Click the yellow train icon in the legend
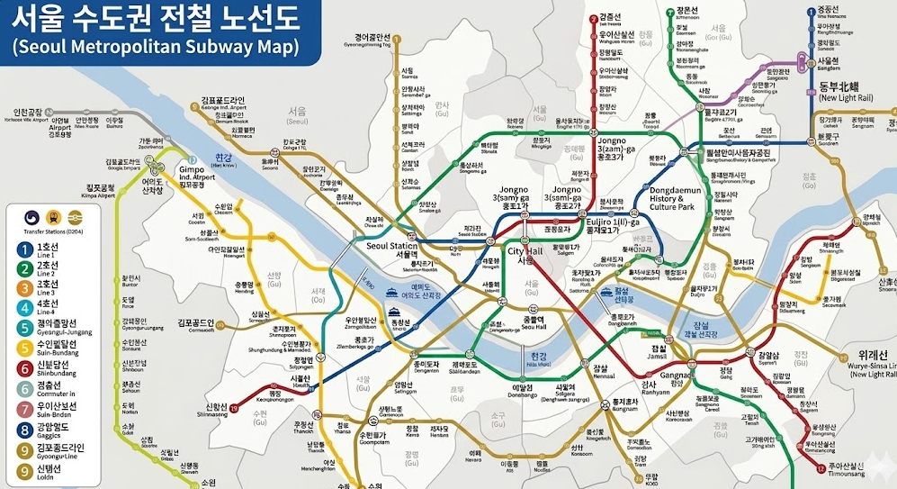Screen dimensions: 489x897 pyautogui.click(x=52, y=216)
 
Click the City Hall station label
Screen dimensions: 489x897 pyautogui.click(x=525, y=256)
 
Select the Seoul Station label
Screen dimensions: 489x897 pyautogui.click(x=391, y=249)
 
